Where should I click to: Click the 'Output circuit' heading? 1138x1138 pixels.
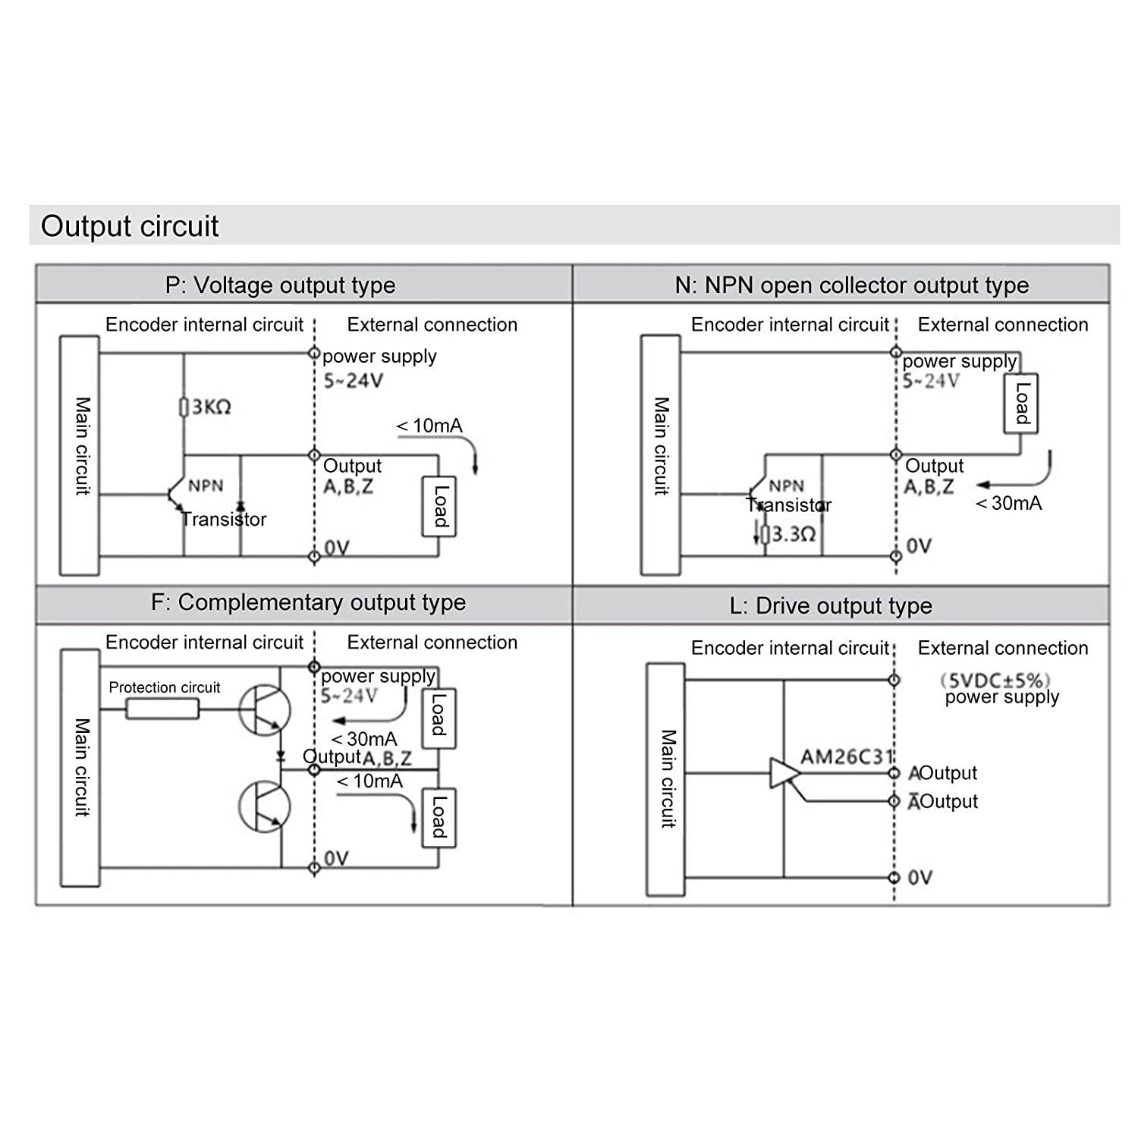click(130, 226)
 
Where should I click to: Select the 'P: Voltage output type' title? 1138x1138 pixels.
click(280, 285)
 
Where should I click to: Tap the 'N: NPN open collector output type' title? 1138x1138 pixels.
click(851, 285)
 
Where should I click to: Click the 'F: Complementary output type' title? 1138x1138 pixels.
click(308, 602)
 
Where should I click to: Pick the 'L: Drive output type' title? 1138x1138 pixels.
click(830, 605)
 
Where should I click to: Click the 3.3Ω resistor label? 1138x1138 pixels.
click(792, 534)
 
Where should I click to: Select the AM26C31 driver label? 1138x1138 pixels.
click(847, 756)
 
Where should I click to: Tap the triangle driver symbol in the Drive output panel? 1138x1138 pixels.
click(784, 773)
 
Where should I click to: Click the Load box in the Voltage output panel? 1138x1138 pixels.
click(439, 506)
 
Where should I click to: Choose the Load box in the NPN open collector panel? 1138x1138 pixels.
click(1020, 403)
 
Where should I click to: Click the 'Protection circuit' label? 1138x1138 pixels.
click(164, 687)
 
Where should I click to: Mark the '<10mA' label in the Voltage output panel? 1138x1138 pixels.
click(429, 426)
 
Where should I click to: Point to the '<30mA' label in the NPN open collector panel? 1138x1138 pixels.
click(1008, 503)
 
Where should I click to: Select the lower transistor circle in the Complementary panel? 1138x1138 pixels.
click(264, 806)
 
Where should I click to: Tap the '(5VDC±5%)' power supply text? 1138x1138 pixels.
click(995, 680)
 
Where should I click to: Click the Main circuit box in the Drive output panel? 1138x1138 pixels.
click(665, 779)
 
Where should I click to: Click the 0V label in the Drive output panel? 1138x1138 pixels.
click(920, 877)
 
